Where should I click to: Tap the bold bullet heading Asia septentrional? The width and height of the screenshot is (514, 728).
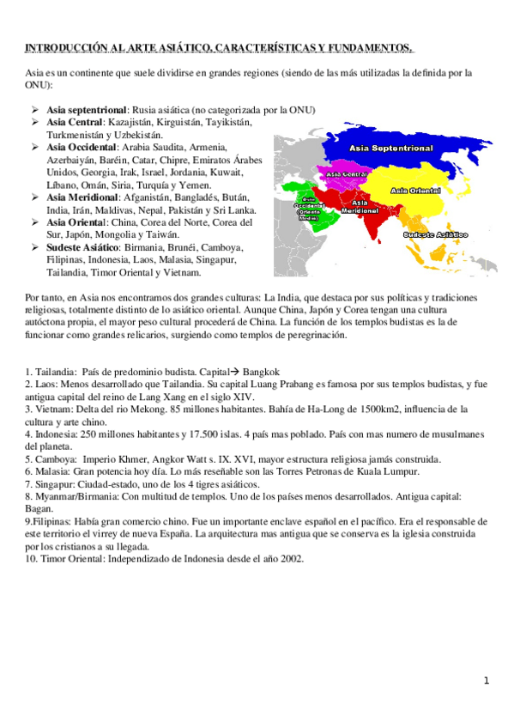(x=88, y=110)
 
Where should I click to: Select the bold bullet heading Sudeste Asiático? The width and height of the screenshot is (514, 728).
(x=83, y=247)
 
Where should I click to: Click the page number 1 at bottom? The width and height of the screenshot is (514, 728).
(x=486, y=681)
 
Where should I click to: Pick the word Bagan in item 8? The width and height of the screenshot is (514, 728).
(x=39, y=509)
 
